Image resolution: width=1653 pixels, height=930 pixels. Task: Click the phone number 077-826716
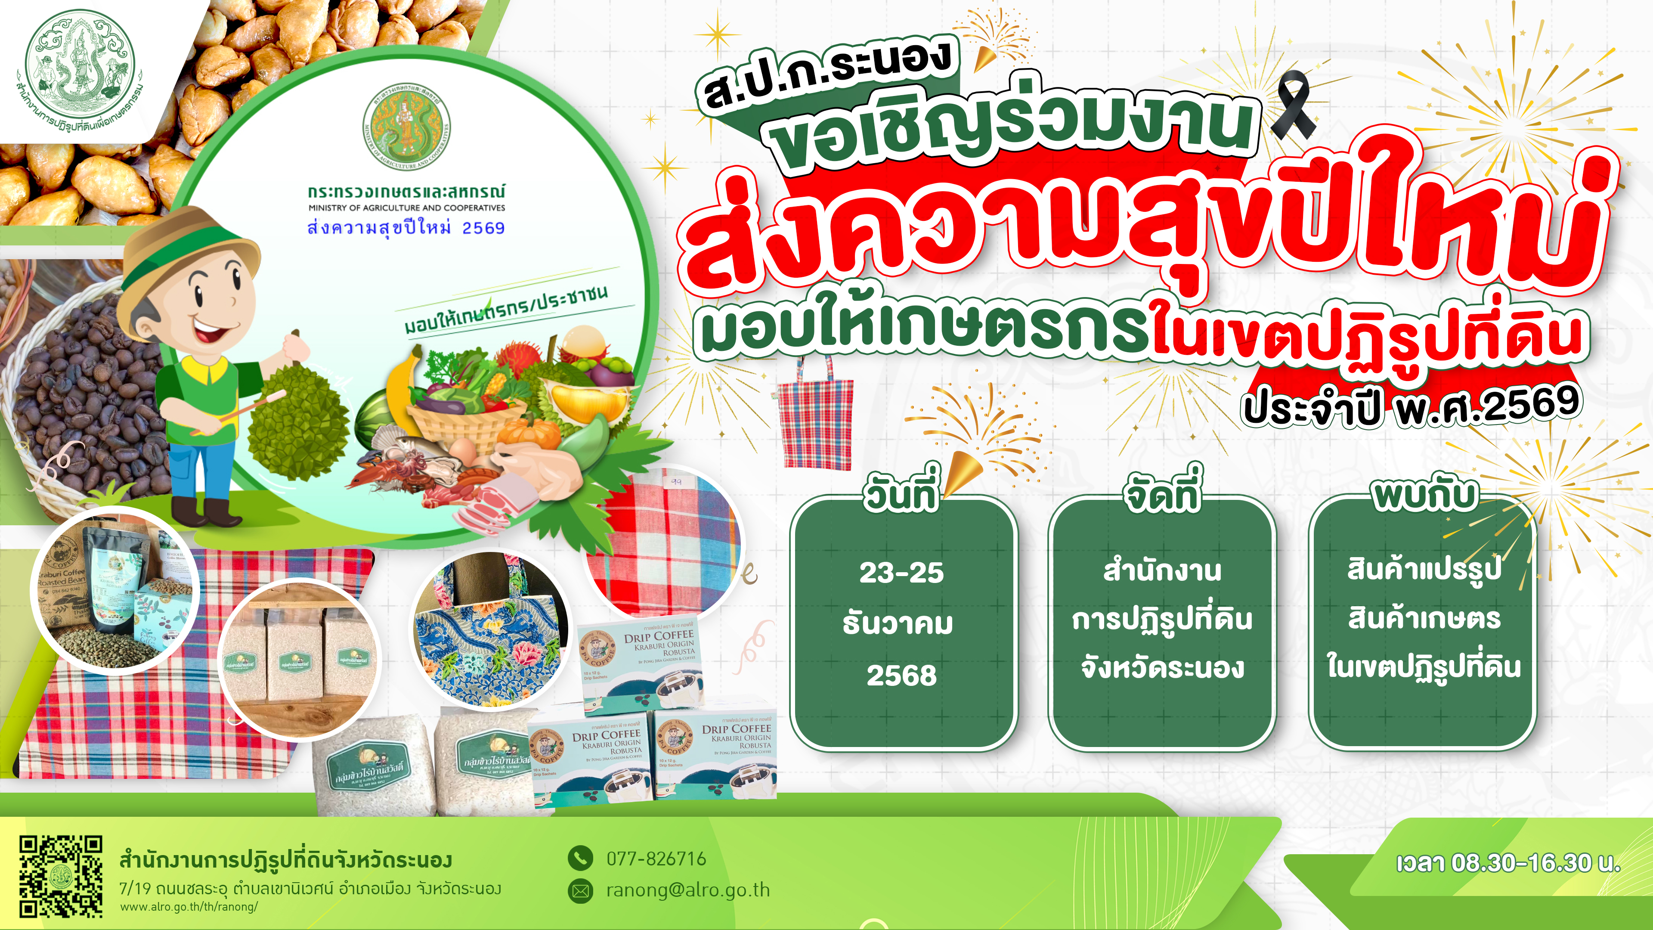(656, 859)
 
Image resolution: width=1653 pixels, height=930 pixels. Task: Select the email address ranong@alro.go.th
(687, 890)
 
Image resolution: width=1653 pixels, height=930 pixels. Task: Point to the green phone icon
(580, 858)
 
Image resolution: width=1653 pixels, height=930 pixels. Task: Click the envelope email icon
(580, 891)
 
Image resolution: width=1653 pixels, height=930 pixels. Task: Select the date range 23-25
(901, 573)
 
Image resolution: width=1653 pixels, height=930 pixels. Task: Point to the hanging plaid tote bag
(815, 417)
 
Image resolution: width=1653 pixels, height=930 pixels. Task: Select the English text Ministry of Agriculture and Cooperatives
(406, 208)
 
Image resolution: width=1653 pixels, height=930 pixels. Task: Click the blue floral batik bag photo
(491, 632)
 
